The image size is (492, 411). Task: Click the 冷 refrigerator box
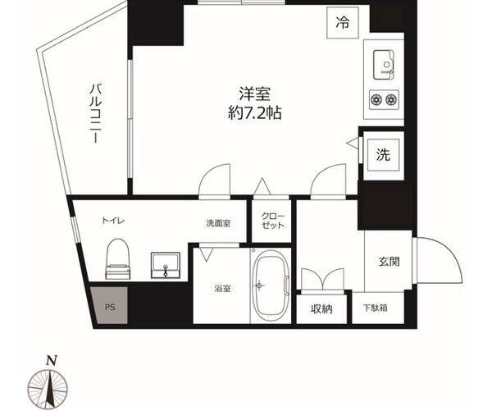(x=342, y=23)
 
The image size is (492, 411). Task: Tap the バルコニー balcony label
(x=95, y=115)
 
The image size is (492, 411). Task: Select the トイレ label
(x=113, y=221)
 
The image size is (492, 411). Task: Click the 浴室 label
(x=222, y=289)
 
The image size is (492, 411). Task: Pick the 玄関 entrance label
(x=389, y=263)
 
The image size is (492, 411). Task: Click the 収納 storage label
(x=321, y=309)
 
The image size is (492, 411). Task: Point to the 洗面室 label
(x=218, y=221)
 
